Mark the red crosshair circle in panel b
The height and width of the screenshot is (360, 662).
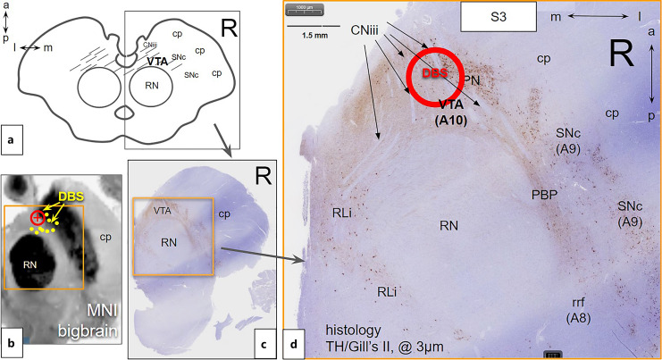click(x=37, y=217)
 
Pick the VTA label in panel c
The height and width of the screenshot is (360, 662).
click(x=161, y=211)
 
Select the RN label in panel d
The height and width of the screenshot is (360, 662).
click(x=449, y=227)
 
